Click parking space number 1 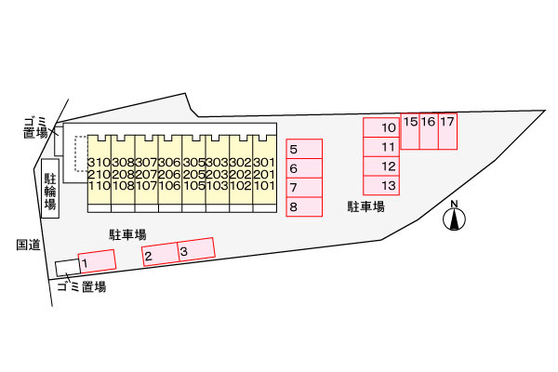pyautogui.click(x=97, y=261)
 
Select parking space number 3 pyautogui.click(x=196, y=249)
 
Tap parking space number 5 pyautogui.click(x=304, y=149)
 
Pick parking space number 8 pyautogui.click(x=304, y=206)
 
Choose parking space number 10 pyautogui.click(x=381, y=127)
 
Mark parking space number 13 pyautogui.click(x=381, y=185)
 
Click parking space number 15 pyautogui.click(x=410, y=131)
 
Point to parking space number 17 pyautogui.click(x=447, y=131)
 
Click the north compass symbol pyautogui.click(x=454, y=216)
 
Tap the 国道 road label pyautogui.click(x=28, y=245)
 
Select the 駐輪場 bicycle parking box pyautogui.click(x=50, y=188)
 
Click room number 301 pyautogui.click(x=264, y=163)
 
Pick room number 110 pyautogui.click(x=99, y=185)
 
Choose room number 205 pyautogui.click(x=194, y=174)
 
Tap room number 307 pyautogui.click(x=146, y=163)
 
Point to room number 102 pyautogui.click(x=241, y=185)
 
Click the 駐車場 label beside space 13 pyautogui.click(x=366, y=206)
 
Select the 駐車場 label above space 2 pyautogui.click(x=127, y=234)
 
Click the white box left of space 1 pyautogui.click(x=68, y=268)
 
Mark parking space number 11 pyautogui.click(x=381, y=147)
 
